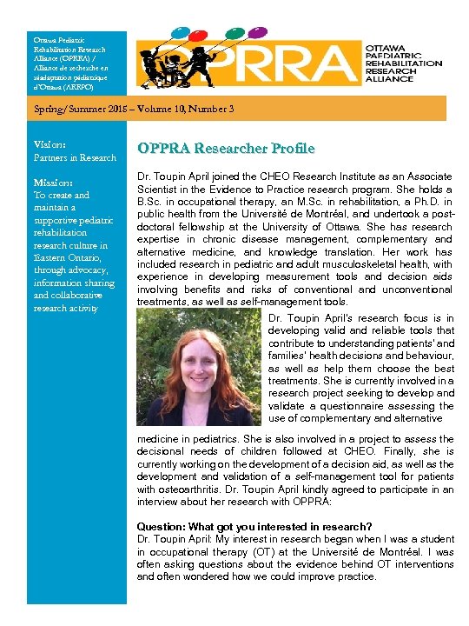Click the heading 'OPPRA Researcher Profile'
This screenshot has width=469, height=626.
point(225,148)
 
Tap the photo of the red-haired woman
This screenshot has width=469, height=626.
point(202,367)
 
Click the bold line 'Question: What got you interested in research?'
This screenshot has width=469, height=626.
point(254,527)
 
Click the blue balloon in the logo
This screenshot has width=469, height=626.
point(181,31)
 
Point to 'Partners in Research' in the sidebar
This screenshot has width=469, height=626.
point(75,157)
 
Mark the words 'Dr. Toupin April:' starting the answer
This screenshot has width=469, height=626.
point(174,539)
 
